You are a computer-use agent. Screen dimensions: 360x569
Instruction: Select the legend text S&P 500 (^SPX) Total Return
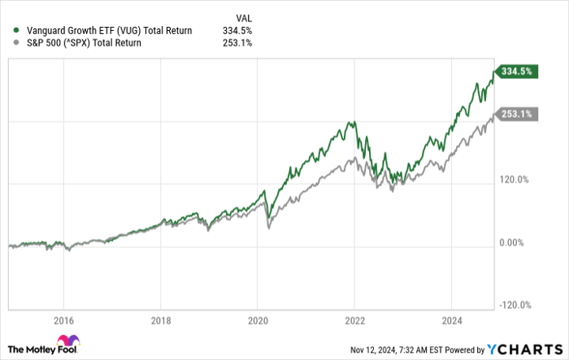83,43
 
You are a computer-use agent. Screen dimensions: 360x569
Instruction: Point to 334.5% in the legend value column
237,31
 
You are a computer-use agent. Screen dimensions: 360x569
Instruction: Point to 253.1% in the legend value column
237,43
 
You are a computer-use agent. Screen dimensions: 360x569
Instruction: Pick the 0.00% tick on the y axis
515,243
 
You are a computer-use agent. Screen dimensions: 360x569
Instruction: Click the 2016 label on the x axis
64,320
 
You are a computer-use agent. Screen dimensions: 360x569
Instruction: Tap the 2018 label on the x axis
161,320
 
